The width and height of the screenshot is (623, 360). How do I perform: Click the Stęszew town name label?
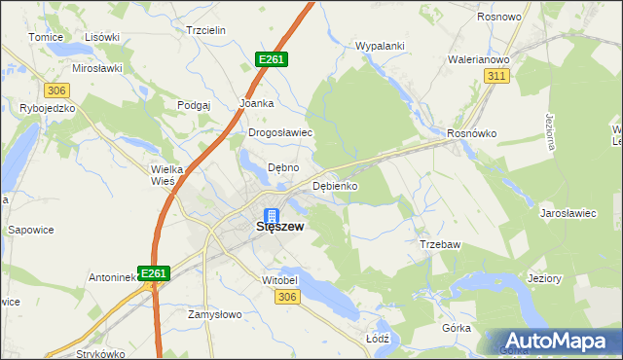click(x=279, y=227)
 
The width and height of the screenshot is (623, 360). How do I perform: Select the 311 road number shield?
click(x=497, y=76)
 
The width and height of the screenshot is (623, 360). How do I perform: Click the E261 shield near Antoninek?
click(x=154, y=274)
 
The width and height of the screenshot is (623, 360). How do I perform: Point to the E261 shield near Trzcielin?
click(x=272, y=59)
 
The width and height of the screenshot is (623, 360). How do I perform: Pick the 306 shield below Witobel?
click(x=286, y=297)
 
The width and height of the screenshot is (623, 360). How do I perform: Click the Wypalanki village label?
click(x=380, y=46)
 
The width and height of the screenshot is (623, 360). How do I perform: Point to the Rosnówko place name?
click(x=471, y=133)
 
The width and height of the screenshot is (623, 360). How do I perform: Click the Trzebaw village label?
click(x=439, y=244)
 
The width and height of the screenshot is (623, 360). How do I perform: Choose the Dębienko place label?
click(x=336, y=185)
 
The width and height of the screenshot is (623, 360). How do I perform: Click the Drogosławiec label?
click(x=279, y=133)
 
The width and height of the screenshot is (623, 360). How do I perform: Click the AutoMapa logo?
click(x=560, y=340)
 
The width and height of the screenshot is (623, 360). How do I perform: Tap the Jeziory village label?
click(x=544, y=278)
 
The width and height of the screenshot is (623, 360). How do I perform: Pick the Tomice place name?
click(x=45, y=36)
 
